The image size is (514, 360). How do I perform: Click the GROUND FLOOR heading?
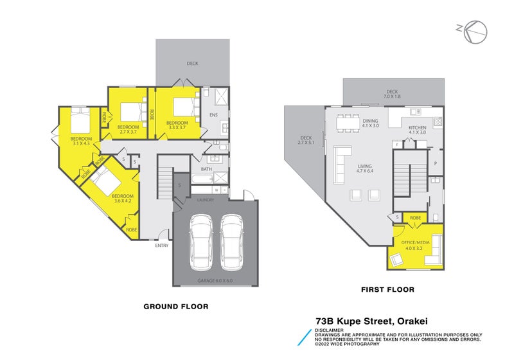pos(175,307)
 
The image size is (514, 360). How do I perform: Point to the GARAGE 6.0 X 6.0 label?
pos(215,281)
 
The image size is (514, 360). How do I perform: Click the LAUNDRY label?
pos(206,199)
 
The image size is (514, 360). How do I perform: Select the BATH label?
pos(206,169)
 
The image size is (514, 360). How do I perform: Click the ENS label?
pos(214,116)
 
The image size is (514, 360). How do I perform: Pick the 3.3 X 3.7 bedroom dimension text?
pos(177,127)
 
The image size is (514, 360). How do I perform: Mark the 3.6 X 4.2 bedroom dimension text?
pos(122,201)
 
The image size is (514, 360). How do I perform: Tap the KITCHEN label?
pos(418,128)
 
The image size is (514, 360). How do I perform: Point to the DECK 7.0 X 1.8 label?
pos(392,94)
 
